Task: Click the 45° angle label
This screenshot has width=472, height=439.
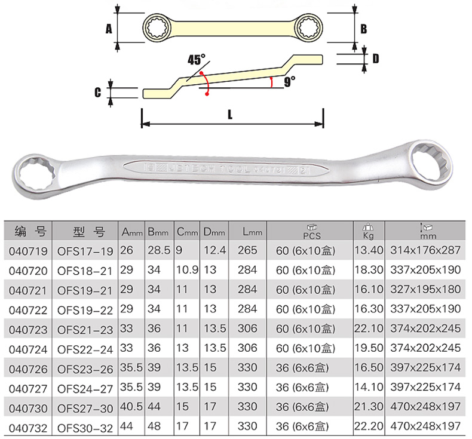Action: pos(196,59)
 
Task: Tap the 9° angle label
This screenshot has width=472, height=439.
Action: pos(289,82)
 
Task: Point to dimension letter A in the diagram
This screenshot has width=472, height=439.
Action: pos(109,29)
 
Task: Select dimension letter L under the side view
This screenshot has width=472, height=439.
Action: pos(230,115)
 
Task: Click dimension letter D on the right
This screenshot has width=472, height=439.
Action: pos(375,59)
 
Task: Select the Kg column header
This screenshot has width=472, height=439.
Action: pos(368,231)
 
